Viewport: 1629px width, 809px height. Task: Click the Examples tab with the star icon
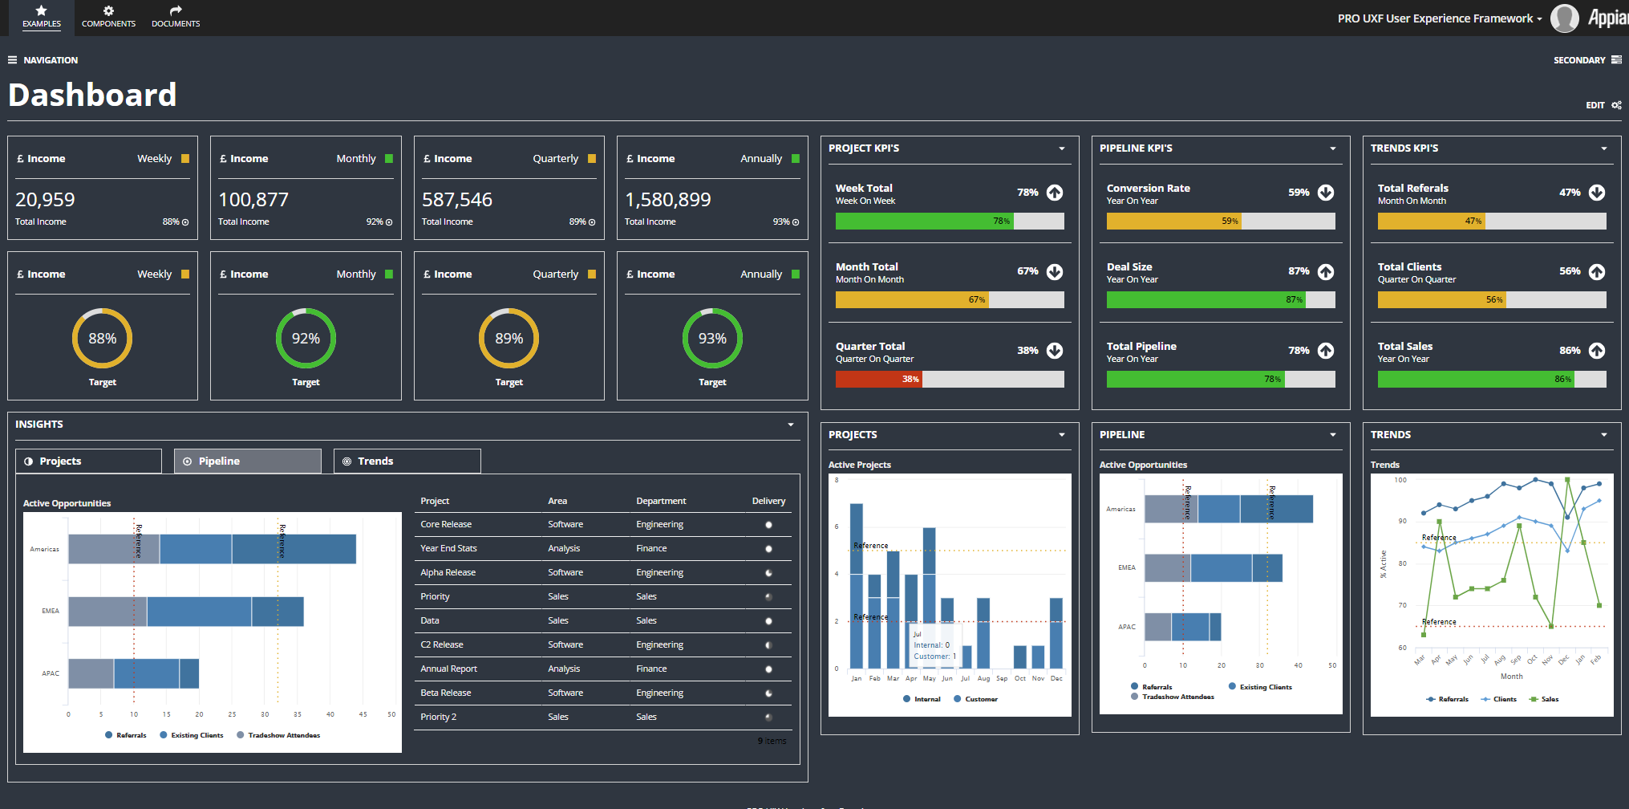point(42,17)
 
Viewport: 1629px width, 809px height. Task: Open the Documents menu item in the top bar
point(176,17)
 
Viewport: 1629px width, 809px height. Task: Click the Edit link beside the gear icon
point(1595,105)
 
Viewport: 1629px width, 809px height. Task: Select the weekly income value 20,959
point(45,200)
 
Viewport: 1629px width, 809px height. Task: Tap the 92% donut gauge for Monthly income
point(306,339)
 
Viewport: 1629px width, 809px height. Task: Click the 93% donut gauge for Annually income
point(712,339)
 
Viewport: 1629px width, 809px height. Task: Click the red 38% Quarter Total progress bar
point(878,379)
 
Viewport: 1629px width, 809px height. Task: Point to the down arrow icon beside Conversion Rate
point(1326,193)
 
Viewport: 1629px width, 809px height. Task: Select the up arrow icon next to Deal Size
point(1326,272)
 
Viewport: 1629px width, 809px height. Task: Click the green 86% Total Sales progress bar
point(1475,379)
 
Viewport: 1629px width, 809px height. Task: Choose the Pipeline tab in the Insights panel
point(248,461)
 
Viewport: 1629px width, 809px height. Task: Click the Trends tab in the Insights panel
point(407,461)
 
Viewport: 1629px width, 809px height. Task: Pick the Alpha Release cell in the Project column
point(448,572)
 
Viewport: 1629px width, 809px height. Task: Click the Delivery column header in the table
point(768,501)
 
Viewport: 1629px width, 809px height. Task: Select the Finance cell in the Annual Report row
point(651,669)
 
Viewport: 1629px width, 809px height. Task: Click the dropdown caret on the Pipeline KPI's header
point(1333,148)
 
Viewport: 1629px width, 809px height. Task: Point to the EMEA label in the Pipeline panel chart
point(1127,567)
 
